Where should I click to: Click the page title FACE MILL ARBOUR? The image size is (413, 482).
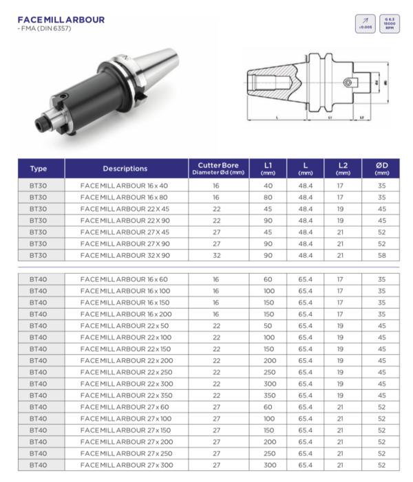click(61, 20)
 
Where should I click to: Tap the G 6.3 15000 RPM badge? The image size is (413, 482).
click(389, 24)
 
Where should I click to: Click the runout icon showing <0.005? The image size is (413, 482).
click(365, 24)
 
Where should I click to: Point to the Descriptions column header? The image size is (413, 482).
click(125, 168)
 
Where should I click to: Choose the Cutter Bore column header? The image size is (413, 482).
click(218, 168)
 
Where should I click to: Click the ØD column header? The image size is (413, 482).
click(381, 168)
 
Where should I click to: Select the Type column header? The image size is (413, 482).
click(39, 168)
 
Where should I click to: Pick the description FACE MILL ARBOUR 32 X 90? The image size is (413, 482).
click(125, 255)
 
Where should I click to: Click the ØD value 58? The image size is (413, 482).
click(381, 255)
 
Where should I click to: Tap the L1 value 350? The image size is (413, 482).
click(268, 395)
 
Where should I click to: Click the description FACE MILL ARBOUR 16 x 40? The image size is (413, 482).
click(124, 186)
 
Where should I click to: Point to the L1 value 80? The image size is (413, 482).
click(268, 197)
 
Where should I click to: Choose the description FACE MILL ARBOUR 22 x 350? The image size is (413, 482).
click(126, 395)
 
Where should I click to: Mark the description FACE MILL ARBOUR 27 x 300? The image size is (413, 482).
click(126, 465)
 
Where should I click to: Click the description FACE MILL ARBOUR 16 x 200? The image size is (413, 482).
click(126, 314)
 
